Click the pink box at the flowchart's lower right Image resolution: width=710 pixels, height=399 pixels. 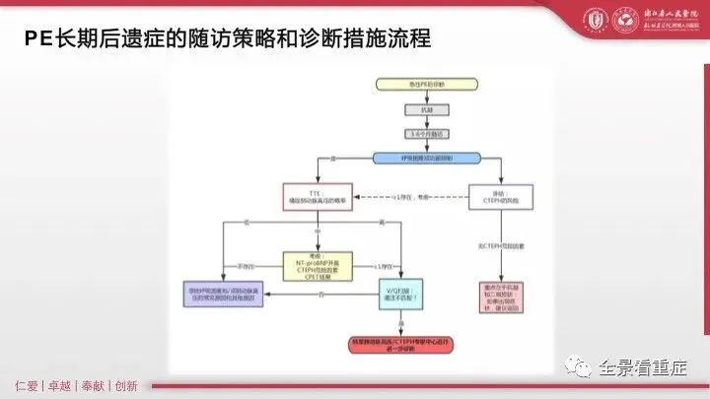[500, 296]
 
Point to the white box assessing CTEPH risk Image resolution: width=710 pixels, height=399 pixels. [500, 196]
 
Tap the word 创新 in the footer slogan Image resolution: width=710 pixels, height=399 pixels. [126, 385]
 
